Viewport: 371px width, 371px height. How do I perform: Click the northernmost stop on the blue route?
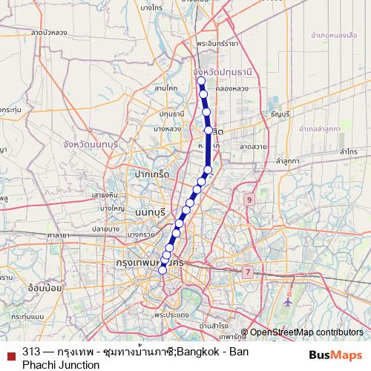201,82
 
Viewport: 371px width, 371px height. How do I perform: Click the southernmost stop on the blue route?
162,270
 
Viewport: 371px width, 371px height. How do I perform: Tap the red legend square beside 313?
10,353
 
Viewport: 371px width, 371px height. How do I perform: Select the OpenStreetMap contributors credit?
306,332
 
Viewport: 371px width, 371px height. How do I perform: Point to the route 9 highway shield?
250,200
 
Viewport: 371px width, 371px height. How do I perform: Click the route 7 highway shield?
246,272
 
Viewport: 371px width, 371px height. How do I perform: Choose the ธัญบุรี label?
280,114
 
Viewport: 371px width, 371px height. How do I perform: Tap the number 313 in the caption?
31,352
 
